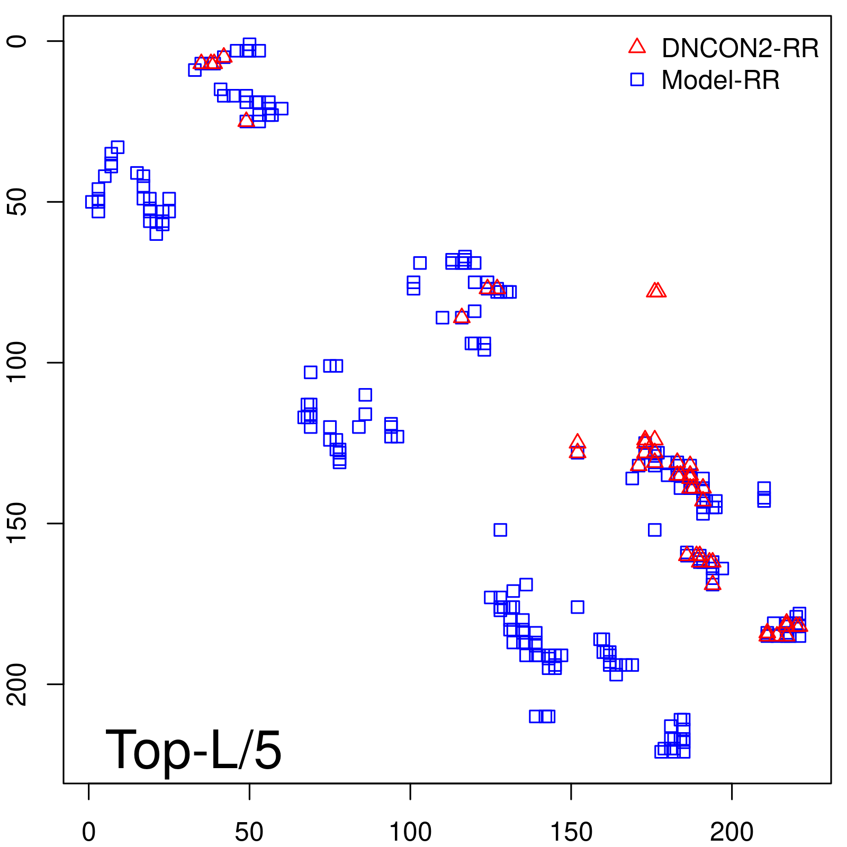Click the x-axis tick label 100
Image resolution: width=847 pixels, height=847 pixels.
(410, 832)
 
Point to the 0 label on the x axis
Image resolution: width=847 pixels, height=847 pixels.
(89, 832)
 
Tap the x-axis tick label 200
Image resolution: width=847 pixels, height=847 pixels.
(732, 832)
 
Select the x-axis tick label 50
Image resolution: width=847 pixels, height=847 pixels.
(249, 832)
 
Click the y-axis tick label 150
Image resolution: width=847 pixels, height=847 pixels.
(17, 523)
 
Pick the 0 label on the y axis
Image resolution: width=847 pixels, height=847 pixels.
(17, 41)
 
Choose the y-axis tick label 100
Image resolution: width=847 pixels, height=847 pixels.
(17, 363)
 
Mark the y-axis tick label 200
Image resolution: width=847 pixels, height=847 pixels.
(17, 684)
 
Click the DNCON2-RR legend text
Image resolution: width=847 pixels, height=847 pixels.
(740, 49)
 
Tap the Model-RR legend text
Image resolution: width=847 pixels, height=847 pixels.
(720, 80)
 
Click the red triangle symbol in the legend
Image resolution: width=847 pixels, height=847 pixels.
(637, 47)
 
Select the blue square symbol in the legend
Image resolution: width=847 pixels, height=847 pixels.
(637, 79)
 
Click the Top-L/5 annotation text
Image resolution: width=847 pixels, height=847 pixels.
(194, 750)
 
